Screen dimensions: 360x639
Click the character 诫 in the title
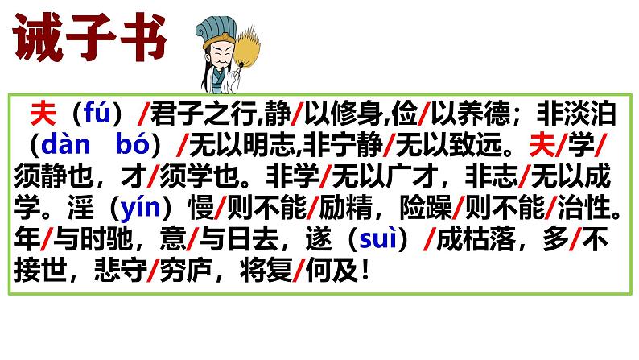[36, 38]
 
